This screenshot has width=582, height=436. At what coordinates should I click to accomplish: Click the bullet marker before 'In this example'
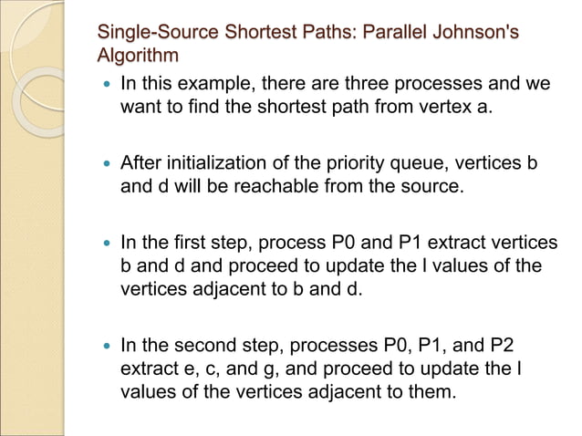click(107, 84)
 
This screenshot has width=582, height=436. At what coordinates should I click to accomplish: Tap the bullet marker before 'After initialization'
click(107, 164)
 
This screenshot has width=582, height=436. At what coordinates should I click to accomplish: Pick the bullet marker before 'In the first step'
click(107, 244)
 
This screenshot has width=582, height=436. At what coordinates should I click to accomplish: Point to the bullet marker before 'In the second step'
click(107, 347)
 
